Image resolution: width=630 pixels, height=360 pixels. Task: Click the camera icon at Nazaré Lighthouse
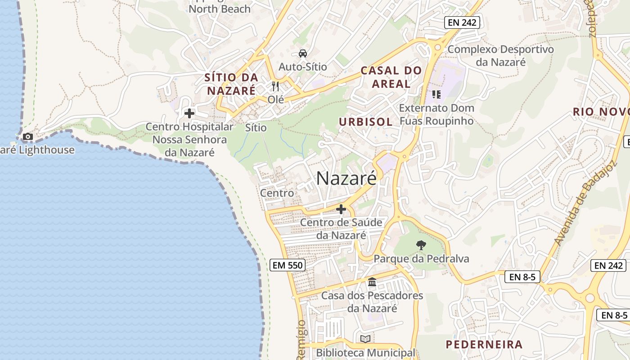(28, 136)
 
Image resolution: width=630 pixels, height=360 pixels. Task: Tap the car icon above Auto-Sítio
(303, 53)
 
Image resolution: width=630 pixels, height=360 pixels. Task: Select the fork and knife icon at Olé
(275, 86)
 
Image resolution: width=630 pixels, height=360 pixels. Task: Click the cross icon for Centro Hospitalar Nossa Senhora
(189, 113)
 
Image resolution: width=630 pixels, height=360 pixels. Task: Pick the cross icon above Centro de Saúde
(341, 209)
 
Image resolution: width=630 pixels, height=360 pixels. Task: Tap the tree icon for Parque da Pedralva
(421, 245)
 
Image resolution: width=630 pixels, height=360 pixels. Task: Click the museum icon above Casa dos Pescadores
(372, 282)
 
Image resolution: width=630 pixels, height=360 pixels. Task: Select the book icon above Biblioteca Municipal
(365, 339)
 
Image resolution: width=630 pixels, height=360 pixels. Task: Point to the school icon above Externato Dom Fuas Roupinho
(436, 94)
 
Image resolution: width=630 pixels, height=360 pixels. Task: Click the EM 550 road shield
(288, 265)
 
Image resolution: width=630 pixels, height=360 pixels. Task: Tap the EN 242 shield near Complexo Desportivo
(462, 22)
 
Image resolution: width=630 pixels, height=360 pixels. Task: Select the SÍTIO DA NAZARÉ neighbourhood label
(231, 84)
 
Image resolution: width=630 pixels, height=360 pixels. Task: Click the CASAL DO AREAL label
(391, 77)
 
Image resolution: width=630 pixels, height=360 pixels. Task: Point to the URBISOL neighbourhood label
(366, 122)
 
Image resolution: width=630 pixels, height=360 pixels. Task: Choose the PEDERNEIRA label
(484, 345)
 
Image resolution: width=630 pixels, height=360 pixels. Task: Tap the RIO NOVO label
(601, 112)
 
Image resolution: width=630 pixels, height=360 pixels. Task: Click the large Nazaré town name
(346, 178)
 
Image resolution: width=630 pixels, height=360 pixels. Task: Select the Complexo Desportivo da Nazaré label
(500, 55)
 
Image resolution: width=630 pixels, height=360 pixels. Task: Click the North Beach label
(220, 9)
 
